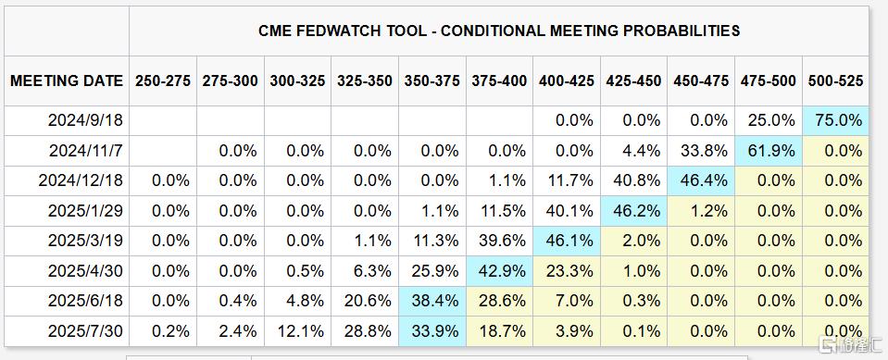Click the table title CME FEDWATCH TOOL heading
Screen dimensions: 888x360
(x=499, y=31)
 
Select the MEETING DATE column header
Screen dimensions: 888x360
(x=67, y=81)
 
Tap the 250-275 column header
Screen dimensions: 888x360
(x=163, y=81)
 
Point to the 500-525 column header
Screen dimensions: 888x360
(x=835, y=81)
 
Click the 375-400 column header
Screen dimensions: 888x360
(x=499, y=81)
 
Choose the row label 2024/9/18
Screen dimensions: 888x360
(x=85, y=120)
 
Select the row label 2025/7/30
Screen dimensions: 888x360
(x=85, y=331)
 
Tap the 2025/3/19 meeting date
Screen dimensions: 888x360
(x=85, y=242)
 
